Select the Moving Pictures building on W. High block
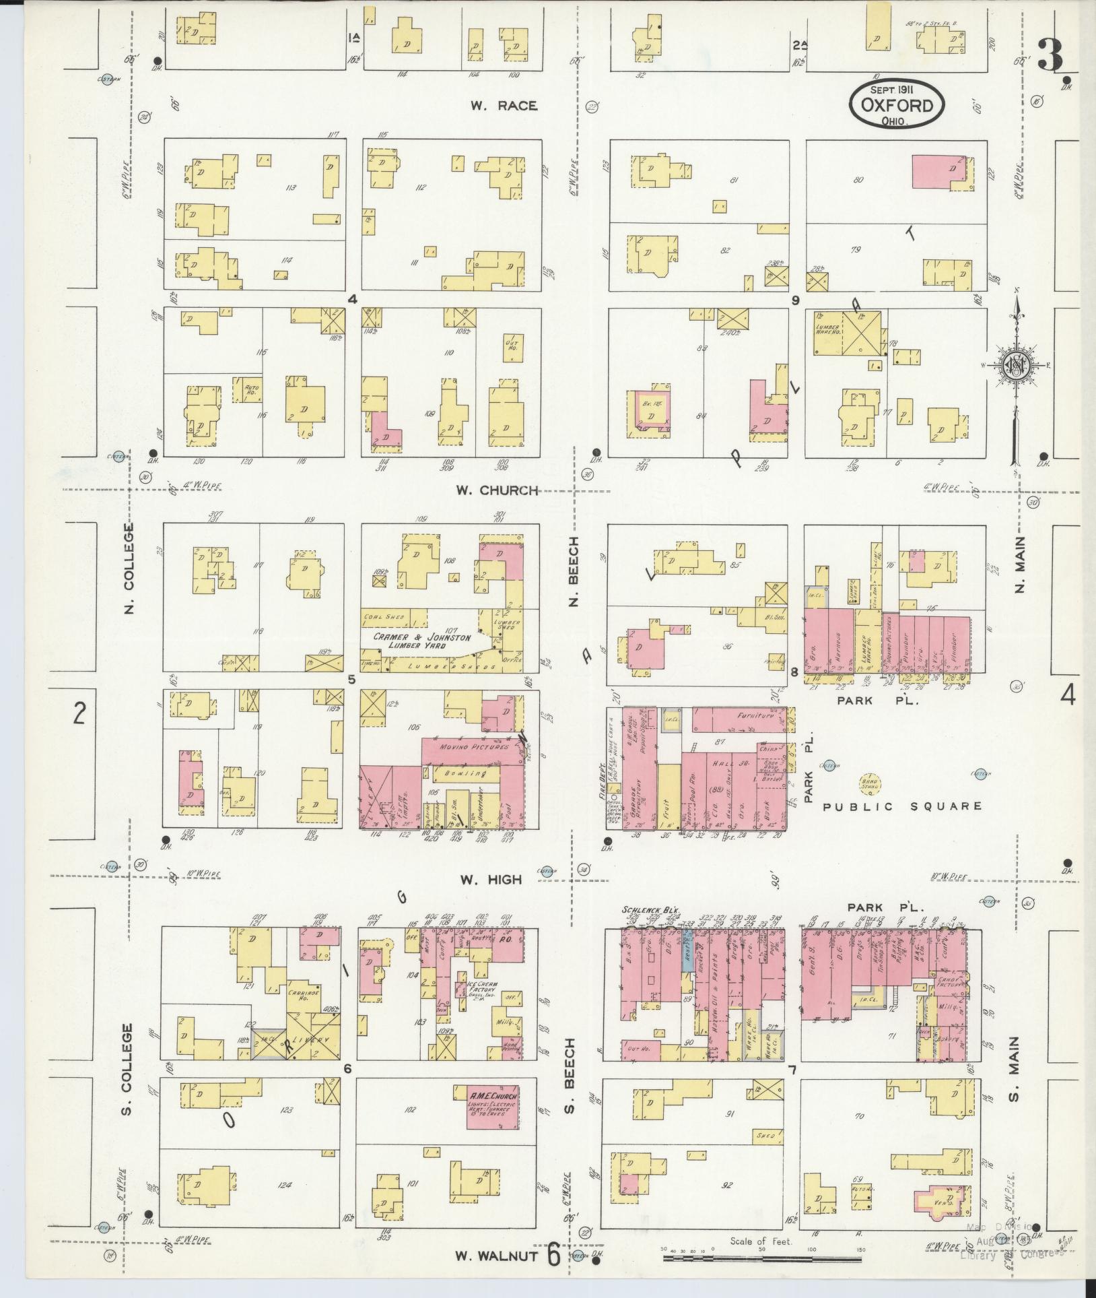coord(463,748)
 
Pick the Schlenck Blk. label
coord(644,909)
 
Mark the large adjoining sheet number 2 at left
coord(80,713)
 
